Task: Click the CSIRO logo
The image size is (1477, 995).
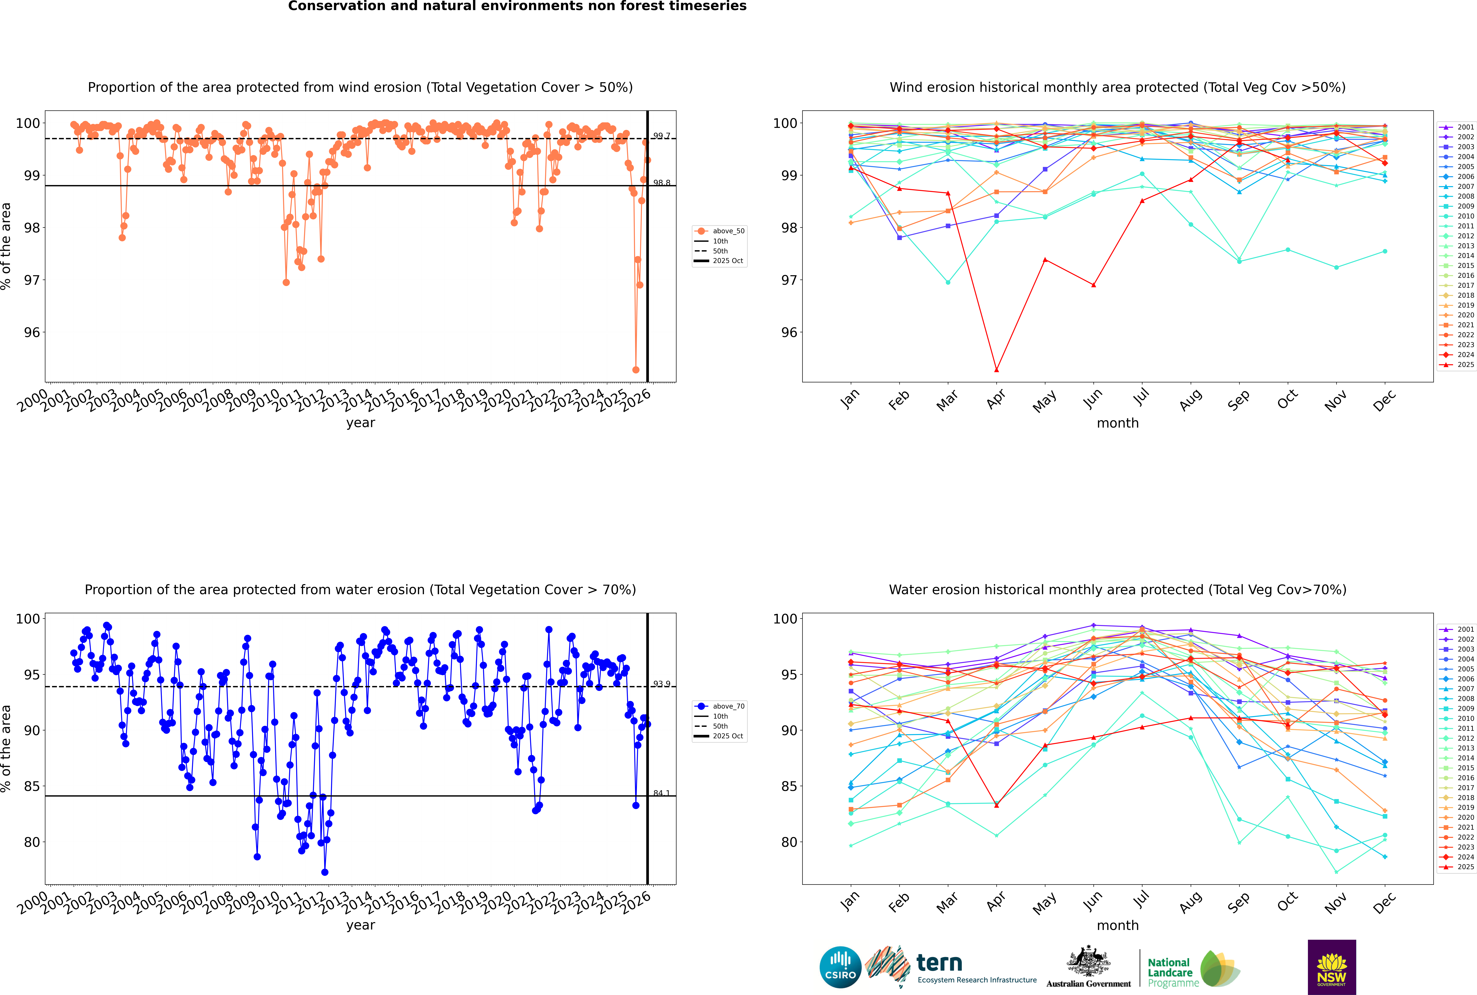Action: pyautogui.click(x=840, y=967)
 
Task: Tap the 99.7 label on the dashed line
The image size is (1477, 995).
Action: pyautogui.click(x=662, y=136)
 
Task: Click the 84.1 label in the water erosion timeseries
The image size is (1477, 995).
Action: pyautogui.click(x=662, y=793)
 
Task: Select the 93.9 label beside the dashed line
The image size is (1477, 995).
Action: pyautogui.click(x=662, y=684)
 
